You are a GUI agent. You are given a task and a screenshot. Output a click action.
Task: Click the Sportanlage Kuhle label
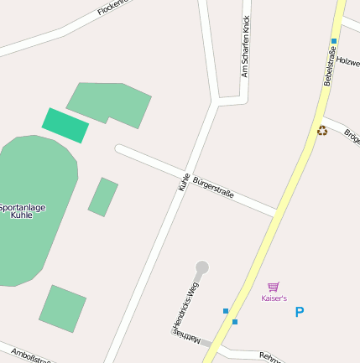tap(23, 211)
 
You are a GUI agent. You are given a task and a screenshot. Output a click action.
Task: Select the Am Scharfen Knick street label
tap(246, 46)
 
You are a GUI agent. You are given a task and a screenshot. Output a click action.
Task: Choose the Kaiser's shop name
tap(274, 298)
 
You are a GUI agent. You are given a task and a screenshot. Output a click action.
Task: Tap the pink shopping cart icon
tap(273, 287)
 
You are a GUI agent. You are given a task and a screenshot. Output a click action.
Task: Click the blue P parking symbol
tap(300, 312)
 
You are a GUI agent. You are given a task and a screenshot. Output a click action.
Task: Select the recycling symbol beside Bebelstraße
tap(322, 130)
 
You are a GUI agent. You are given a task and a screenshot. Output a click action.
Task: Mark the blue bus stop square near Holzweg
tap(334, 40)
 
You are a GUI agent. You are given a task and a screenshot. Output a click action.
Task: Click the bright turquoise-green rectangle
tap(65, 125)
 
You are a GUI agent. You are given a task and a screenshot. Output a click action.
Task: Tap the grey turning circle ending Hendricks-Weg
tap(202, 267)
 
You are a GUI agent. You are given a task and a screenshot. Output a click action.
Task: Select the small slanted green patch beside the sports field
tap(102, 197)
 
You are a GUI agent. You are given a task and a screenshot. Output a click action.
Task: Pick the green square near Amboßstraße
tap(62, 308)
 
